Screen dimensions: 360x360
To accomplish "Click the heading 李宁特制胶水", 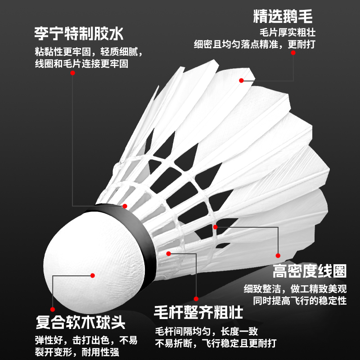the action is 79,33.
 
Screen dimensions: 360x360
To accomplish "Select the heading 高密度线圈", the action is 310,271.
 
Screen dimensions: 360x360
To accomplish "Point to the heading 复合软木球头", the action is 81,322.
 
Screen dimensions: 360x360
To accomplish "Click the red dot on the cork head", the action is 93,275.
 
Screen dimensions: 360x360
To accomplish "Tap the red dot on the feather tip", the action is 241,80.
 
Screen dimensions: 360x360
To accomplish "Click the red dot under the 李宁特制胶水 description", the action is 125,207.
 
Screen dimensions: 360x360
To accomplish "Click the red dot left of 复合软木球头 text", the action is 52,310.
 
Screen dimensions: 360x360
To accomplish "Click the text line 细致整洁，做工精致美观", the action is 301,288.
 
